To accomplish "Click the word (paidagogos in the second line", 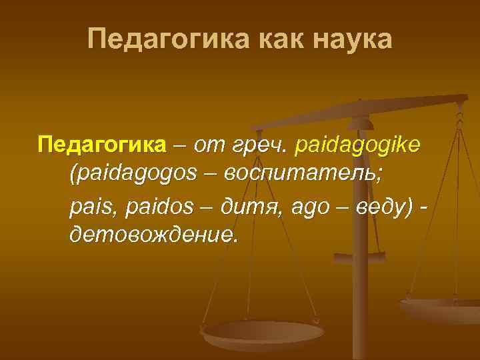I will pos(133,175).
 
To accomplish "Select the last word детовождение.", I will pos(153,235).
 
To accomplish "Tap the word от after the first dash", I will pos(209,145).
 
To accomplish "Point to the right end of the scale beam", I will pos(461,99).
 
